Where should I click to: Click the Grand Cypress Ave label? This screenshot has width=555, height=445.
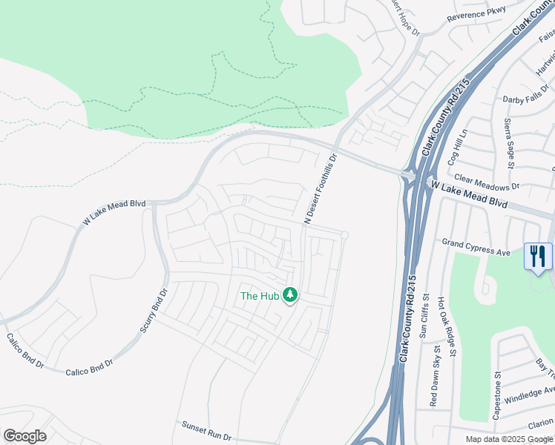[x=476, y=247]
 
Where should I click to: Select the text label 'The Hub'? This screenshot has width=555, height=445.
[x=259, y=296]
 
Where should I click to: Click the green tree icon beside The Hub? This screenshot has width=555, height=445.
[x=289, y=295]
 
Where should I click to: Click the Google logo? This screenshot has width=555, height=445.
[x=25, y=436]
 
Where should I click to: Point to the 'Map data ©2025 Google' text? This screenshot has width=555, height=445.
[x=509, y=439]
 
